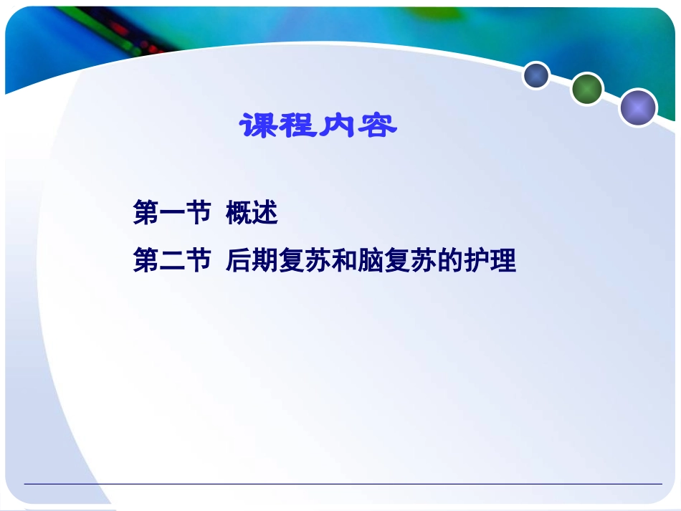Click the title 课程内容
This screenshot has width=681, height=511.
318,127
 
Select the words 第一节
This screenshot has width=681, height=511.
172,213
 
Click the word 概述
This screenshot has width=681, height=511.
252,213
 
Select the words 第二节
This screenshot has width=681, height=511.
172,261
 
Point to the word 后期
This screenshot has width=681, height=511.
252,261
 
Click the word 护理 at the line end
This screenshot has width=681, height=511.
490,261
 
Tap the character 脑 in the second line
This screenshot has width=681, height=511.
371,261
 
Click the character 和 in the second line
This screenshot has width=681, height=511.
344,261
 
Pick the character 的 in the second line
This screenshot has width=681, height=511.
450,261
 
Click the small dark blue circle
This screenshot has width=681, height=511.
535,75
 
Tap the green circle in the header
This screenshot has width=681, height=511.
587,89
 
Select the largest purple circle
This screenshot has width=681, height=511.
638,108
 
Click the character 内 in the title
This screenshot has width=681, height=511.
338,127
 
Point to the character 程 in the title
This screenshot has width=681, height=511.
297,127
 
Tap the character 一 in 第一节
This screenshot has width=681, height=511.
172,214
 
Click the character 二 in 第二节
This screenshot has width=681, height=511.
172,262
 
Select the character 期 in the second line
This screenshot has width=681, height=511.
265,261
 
